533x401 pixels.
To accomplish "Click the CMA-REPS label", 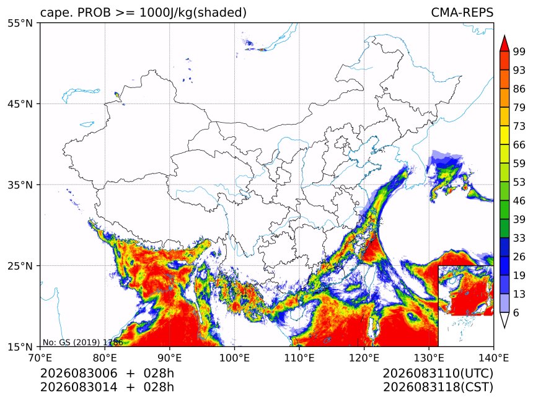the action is click(462, 12).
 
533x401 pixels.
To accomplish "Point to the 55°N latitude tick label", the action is click(20, 23).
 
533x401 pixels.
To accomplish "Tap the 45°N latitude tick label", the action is click(20, 104).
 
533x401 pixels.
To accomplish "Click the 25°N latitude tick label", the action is click(20, 266).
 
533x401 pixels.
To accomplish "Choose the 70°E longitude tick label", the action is click(40, 358).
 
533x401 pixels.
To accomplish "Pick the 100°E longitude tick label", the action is click(234, 358).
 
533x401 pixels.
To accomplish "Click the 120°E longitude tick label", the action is click(364, 358).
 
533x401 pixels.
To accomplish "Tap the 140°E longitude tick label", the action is click(493, 358).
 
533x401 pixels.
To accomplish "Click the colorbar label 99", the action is click(519, 51).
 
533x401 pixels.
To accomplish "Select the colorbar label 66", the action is click(519, 145).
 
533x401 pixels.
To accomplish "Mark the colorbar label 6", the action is click(516, 312).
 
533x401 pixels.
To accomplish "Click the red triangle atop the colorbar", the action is click(504, 44).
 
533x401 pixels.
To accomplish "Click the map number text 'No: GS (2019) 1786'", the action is click(82, 342).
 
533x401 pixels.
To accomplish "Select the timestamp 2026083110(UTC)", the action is click(438, 373).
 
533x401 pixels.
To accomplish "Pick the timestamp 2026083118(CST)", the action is click(438, 387).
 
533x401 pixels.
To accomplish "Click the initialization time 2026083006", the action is click(79, 373).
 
